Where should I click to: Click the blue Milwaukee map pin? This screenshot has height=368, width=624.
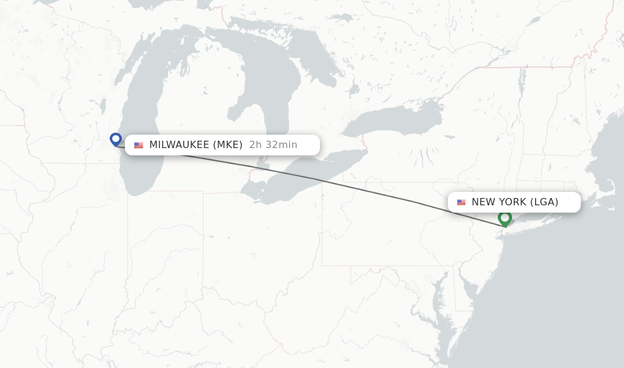116,140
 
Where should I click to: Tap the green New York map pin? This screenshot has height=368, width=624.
505,218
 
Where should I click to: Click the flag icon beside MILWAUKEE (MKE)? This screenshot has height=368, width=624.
139,145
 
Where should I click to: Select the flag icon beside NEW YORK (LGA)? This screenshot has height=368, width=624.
461,202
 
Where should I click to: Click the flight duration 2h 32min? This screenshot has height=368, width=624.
273,145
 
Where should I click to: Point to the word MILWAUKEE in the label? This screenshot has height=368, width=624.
179,145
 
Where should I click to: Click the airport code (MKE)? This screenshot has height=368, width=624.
228,145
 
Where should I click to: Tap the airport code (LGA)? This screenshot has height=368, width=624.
544,202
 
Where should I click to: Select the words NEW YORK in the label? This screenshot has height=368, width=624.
499,202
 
